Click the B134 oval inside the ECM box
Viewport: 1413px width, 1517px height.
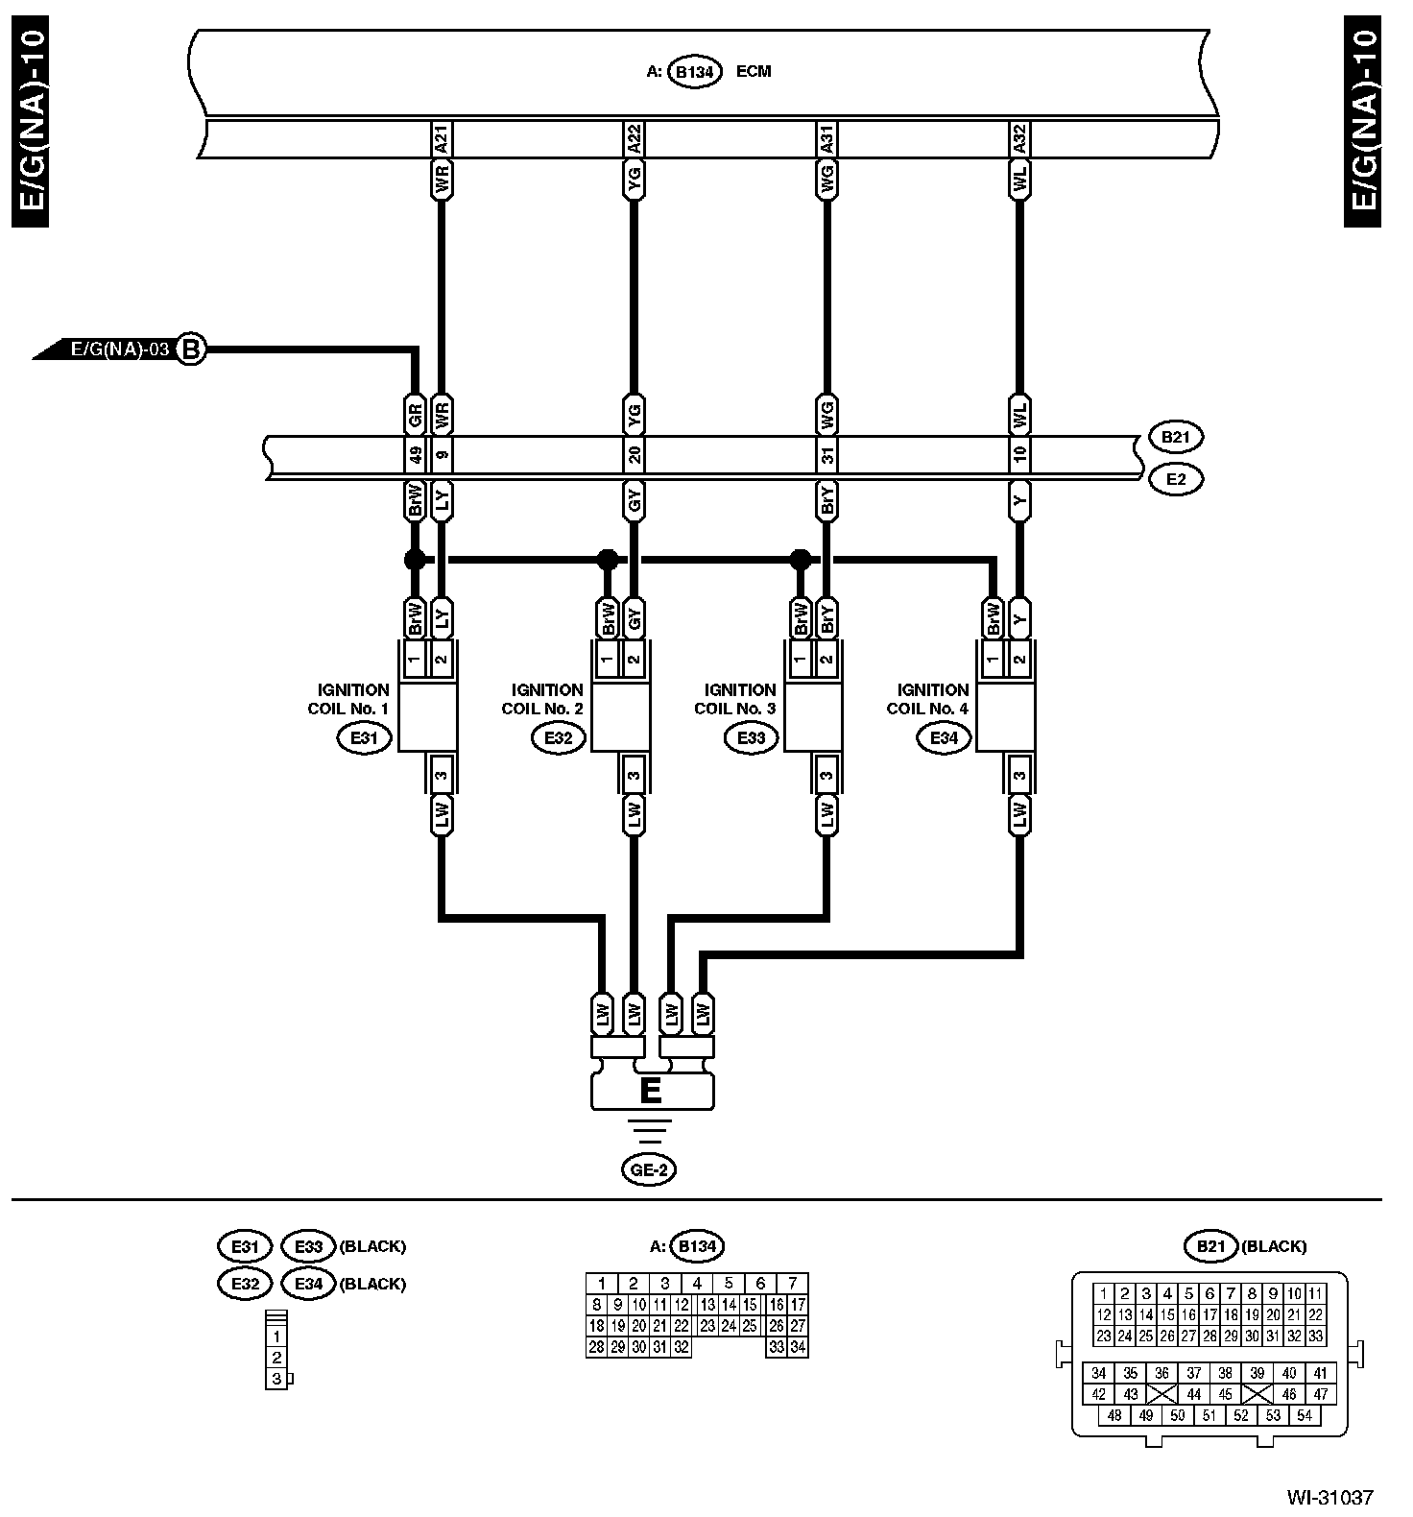coord(694,72)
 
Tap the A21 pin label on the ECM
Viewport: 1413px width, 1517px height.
coord(442,140)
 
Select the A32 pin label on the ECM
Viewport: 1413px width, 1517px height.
coord(1019,140)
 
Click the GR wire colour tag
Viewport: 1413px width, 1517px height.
coord(416,415)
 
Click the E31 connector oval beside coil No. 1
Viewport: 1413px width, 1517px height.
coord(365,738)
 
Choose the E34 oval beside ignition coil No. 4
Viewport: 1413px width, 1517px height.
coord(944,738)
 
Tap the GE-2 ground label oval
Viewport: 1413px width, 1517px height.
coord(648,1169)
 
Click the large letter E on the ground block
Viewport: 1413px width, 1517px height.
coord(651,1092)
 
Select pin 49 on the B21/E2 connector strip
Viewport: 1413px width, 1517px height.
coord(416,456)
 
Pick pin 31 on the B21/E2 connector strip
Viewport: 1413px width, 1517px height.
coord(827,456)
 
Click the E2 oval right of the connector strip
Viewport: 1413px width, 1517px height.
coord(1175,479)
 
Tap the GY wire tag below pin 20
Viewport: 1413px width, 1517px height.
coord(634,500)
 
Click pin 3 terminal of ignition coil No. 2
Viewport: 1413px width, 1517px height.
coord(634,775)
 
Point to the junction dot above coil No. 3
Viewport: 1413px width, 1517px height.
coord(800,559)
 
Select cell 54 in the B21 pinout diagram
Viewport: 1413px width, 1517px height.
coord(1304,1415)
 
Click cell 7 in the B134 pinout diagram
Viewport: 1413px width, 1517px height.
coord(792,1283)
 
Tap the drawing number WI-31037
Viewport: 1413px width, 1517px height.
coord(1330,1498)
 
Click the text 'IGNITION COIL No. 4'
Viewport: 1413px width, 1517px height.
coord(928,699)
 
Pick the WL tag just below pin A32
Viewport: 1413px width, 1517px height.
coord(1019,180)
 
